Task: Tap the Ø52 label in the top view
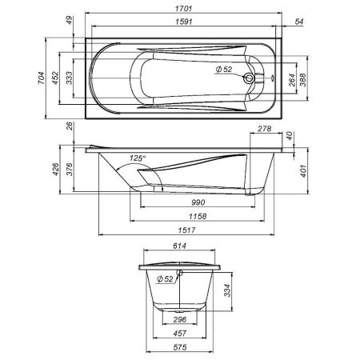coord(224,70)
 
